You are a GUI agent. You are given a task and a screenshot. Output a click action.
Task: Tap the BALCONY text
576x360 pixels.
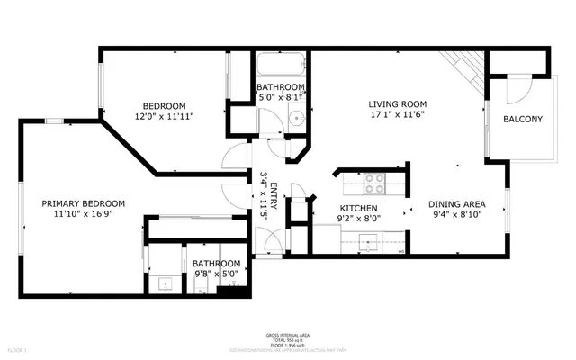coord(522,119)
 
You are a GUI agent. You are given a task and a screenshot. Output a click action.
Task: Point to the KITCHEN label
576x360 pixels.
coord(332,208)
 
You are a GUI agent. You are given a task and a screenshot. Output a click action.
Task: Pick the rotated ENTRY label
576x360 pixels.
coord(274,193)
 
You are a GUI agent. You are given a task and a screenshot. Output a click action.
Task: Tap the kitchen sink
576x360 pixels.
coord(368,240)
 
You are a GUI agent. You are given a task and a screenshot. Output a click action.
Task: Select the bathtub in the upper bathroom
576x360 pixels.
coord(281,67)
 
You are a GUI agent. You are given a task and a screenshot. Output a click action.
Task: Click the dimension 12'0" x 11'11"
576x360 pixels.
coord(164,116)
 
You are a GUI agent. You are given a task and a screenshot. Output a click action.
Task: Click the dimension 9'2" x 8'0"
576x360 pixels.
coord(332,219)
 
